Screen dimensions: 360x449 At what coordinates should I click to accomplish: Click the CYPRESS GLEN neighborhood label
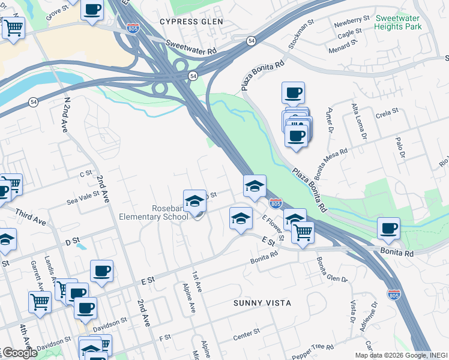pyautogui.click(x=191, y=22)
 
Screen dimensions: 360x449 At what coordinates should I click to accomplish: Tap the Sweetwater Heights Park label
pyautogui.click(x=398, y=22)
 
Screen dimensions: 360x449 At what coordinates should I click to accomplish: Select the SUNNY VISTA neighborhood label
pyautogui.click(x=262, y=303)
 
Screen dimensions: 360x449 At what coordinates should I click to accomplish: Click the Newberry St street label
pyautogui.click(x=352, y=20)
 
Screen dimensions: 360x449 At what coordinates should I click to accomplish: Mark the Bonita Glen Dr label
pyautogui.click(x=331, y=269)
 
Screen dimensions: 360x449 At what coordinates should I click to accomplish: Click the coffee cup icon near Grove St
pyautogui.click(x=92, y=10)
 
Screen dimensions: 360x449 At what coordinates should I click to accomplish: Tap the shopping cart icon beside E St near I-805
pyautogui.click(x=303, y=232)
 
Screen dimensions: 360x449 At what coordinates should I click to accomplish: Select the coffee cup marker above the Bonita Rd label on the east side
pyautogui.click(x=389, y=229)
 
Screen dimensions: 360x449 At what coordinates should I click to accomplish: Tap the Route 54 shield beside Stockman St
pyautogui.click(x=251, y=40)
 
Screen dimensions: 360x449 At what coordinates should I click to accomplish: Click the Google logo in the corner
pyautogui.click(x=20, y=353)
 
